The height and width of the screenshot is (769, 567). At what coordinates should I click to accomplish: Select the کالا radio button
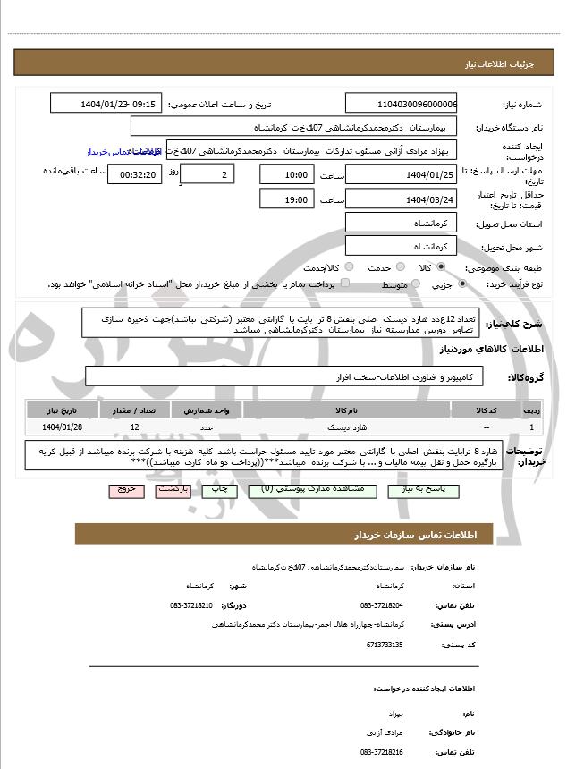pos(440,267)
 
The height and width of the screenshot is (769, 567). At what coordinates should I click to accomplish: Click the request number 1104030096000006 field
pos(401,104)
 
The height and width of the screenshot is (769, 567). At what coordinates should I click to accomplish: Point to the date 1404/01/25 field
pos(401,173)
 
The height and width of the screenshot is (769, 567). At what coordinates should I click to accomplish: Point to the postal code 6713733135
pos(385,644)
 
